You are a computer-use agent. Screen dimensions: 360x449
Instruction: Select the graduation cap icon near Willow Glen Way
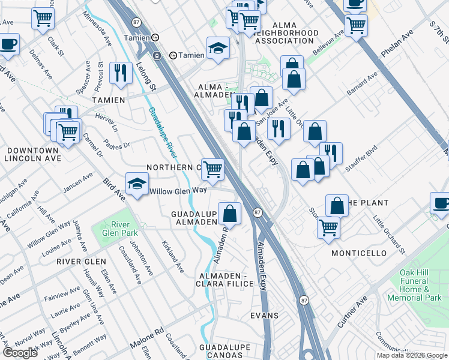click(137, 184)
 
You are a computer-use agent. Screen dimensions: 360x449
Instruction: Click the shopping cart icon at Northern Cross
click(212, 169)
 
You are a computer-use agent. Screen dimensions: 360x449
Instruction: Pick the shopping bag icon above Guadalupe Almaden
click(229, 212)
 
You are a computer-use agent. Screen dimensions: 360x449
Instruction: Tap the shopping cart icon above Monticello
click(328, 227)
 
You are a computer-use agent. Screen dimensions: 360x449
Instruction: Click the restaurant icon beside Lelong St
click(122, 73)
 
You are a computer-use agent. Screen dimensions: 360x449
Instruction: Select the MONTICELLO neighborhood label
click(359, 253)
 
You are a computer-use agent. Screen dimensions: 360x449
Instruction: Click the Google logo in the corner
click(20, 353)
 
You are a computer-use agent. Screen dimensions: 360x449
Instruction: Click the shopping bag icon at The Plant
click(337, 205)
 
